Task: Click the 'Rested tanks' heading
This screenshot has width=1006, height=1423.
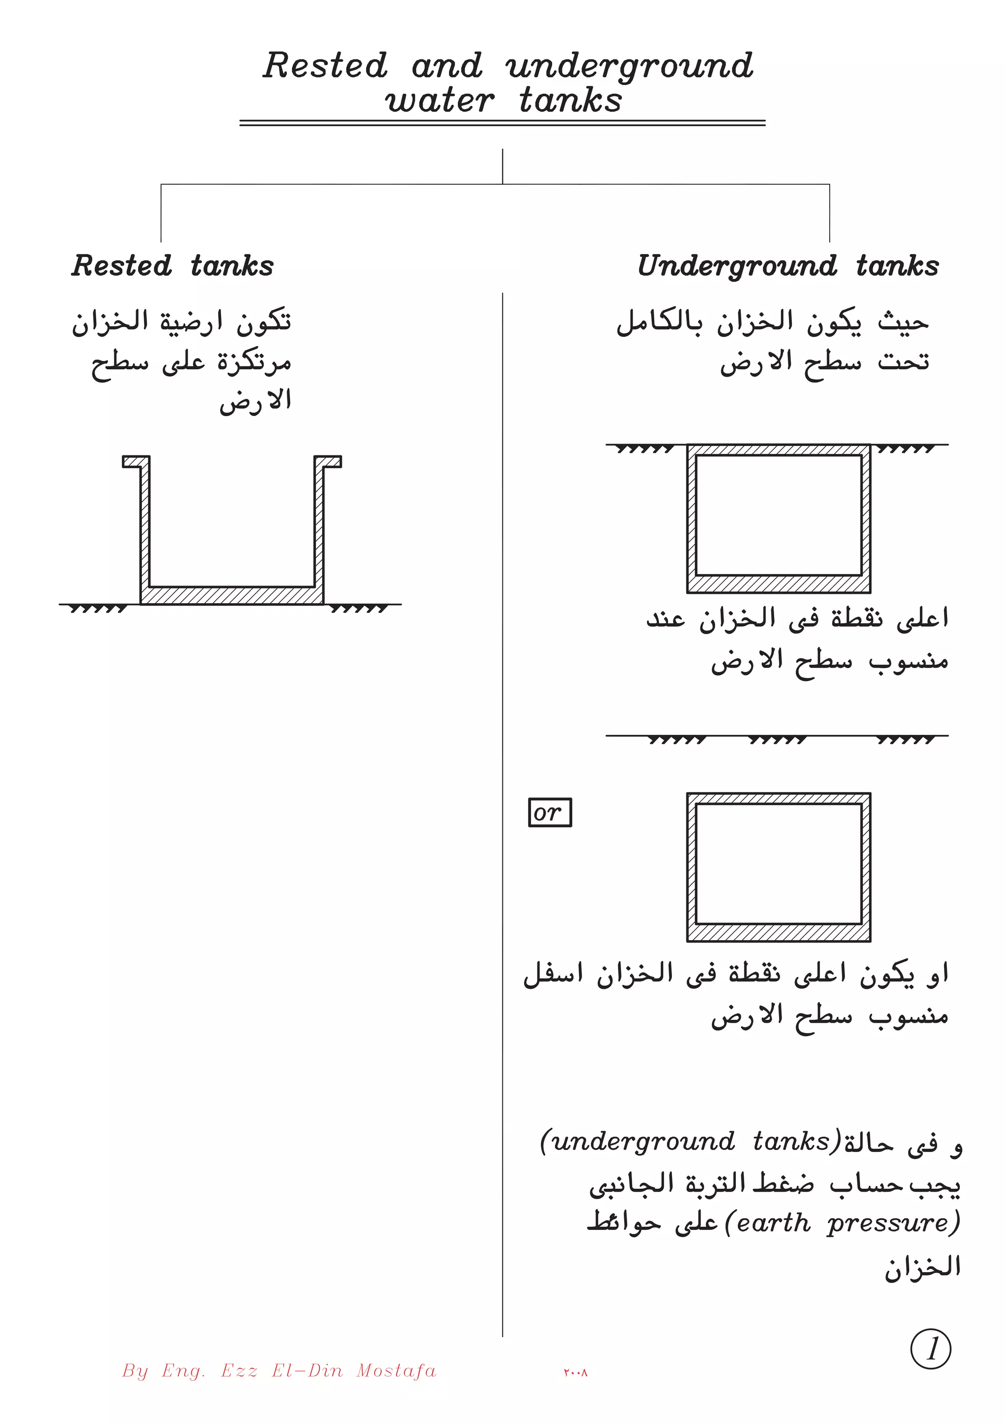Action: point(172,266)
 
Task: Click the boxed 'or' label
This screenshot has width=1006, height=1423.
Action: point(549,812)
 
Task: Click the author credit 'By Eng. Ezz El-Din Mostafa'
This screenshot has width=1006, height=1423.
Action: point(279,1370)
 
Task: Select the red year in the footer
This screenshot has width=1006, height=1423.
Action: point(575,1372)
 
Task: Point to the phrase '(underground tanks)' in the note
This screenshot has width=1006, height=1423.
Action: point(691,1141)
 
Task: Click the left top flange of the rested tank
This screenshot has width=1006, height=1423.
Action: point(136,462)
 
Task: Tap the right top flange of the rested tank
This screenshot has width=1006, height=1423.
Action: point(328,462)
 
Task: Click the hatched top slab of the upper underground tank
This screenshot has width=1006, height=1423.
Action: point(779,450)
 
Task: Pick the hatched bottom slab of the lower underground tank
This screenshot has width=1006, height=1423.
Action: point(779,932)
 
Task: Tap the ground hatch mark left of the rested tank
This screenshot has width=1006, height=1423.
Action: point(98,609)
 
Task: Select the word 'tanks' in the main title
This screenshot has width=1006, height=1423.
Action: point(570,100)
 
